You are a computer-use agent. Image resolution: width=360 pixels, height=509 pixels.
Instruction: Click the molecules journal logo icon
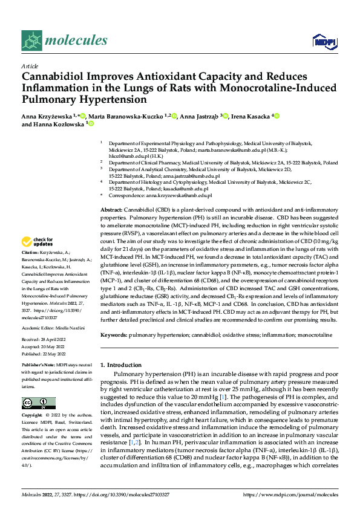32,41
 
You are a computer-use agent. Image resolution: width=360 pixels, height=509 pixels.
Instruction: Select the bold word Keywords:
115,334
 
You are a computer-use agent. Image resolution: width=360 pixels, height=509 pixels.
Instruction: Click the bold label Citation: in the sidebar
30,251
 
